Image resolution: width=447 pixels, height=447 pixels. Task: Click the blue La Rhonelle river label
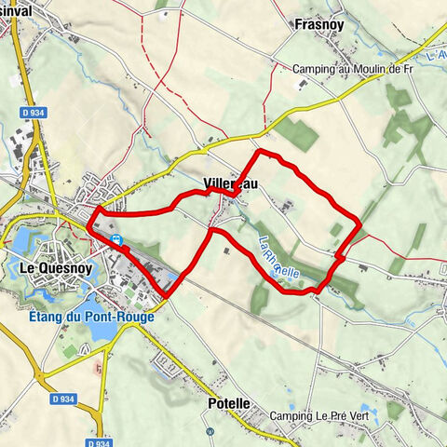point(278,260)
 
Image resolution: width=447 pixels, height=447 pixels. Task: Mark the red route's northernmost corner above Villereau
point(259,150)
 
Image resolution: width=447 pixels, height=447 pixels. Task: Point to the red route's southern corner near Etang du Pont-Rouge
point(166,296)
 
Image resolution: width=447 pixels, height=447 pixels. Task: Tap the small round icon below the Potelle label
point(211,431)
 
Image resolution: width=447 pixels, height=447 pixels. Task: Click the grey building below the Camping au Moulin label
point(302,85)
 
